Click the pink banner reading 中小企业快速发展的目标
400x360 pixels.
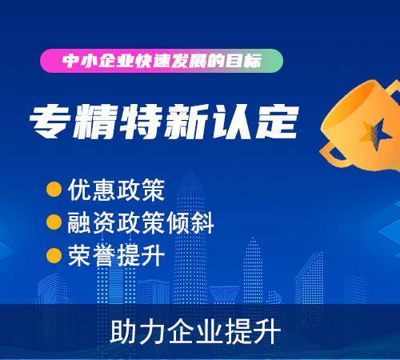[162, 61]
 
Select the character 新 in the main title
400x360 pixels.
[186, 122]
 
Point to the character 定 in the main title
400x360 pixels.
[277, 122]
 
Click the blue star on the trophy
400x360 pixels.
[375, 134]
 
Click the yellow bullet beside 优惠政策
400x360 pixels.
[54, 190]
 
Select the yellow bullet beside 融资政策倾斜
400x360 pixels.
[54, 222]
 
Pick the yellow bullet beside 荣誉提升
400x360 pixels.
[54, 255]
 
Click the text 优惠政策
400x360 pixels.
[116, 190]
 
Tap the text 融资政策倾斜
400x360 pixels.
[141, 222]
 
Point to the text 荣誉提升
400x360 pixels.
[116, 255]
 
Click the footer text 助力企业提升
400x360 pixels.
[195, 332]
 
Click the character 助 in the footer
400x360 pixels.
[123, 332]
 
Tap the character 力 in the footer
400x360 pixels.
[152, 332]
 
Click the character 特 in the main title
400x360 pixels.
[141, 122]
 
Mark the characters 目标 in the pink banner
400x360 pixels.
[243, 61]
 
